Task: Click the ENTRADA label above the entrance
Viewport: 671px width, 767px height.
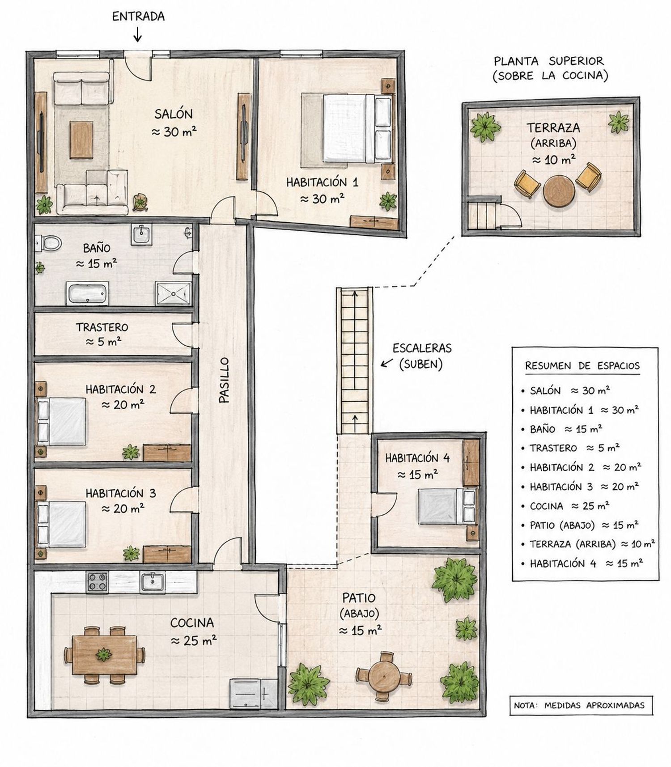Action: [x=138, y=17]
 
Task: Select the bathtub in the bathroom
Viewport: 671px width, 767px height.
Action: [x=87, y=293]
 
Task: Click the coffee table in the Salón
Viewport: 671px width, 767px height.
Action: [x=81, y=140]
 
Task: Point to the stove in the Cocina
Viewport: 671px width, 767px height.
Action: [x=98, y=582]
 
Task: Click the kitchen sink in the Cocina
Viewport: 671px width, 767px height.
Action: [x=152, y=582]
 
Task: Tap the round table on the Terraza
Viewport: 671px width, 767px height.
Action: [x=559, y=191]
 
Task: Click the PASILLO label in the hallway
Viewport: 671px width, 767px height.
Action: [x=224, y=380]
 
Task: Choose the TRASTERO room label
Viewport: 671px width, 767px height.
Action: [x=102, y=327]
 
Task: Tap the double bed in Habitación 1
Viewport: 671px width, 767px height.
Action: [x=357, y=128]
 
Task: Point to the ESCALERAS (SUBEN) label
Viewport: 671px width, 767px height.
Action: [x=421, y=356]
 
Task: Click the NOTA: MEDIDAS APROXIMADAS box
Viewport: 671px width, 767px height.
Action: [x=581, y=705]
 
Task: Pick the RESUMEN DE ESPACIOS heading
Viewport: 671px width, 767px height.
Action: [x=582, y=365]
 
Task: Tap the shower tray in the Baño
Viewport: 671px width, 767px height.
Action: [x=173, y=294]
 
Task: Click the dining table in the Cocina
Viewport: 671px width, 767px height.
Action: [x=104, y=655]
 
